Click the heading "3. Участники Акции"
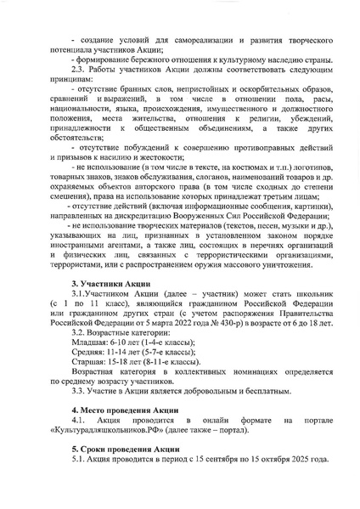click(x=110, y=282)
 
